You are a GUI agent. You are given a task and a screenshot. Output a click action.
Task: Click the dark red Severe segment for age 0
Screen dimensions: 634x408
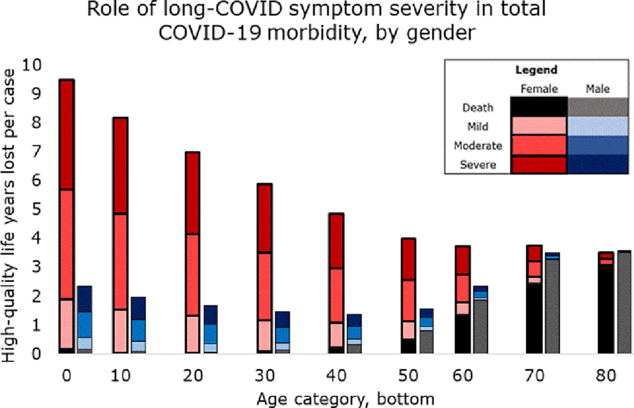click(x=67, y=134)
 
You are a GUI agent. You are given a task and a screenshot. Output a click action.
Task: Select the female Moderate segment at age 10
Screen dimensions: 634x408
click(x=121, y=262)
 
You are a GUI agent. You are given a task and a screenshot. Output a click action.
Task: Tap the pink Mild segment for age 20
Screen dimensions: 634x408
click(x=193, y=334)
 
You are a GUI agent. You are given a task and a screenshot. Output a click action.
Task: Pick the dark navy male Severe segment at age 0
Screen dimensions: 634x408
click(x=85, y=299)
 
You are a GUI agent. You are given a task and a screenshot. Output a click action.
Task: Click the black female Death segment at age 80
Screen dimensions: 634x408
click(x=605, y=310)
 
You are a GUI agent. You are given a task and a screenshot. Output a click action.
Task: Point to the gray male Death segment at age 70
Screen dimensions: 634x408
click(x=553, y=306)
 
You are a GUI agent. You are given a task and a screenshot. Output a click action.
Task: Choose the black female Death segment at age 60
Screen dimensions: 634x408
click(x=463, y=334)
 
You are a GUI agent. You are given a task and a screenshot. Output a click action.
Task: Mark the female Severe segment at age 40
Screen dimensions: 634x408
click(x=337, y=241)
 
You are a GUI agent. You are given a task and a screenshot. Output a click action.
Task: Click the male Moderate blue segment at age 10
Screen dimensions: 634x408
click(x=138, y=331)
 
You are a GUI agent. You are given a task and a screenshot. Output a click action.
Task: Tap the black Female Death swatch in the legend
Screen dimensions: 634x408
click(x=539, y=107)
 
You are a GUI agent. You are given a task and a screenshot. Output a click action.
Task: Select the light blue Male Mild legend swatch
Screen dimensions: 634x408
click(x=598, y=126)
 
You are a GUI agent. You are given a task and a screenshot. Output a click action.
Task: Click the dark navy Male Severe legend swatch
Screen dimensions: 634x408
click(x=598, y=164)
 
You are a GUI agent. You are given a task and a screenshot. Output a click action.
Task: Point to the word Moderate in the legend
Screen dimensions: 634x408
click(x=478, y=146)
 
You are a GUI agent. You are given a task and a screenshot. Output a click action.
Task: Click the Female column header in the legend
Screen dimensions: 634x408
click(x=539, y=89)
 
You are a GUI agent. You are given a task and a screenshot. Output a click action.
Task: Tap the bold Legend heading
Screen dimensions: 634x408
click(x=536, y=70)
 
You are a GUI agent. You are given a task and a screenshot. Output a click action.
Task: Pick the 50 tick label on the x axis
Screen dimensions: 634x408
click(x=408, y=376)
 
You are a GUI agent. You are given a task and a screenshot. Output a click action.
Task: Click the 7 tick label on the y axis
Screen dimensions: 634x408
click(x=37, y=152)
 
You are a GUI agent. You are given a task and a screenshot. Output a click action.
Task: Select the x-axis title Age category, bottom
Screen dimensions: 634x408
click(x=345, y=399)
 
